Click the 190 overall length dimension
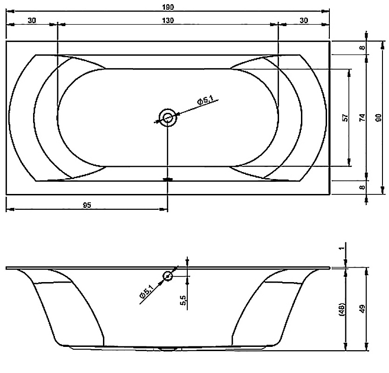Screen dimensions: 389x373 [x=168, y=7]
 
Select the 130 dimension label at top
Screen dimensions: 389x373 [x=168, y=21]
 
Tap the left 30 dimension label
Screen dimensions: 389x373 [x=32, y=21]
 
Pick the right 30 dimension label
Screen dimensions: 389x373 [x=304, y=21]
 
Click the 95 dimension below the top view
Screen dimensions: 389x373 [x=87, y=205]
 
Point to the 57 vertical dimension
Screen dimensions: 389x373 [x=345, y=117]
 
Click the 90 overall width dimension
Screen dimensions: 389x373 [x=379, y=117]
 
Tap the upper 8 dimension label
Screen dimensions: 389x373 [x=362, y=47]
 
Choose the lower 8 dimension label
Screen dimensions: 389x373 [x=362, y=187]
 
